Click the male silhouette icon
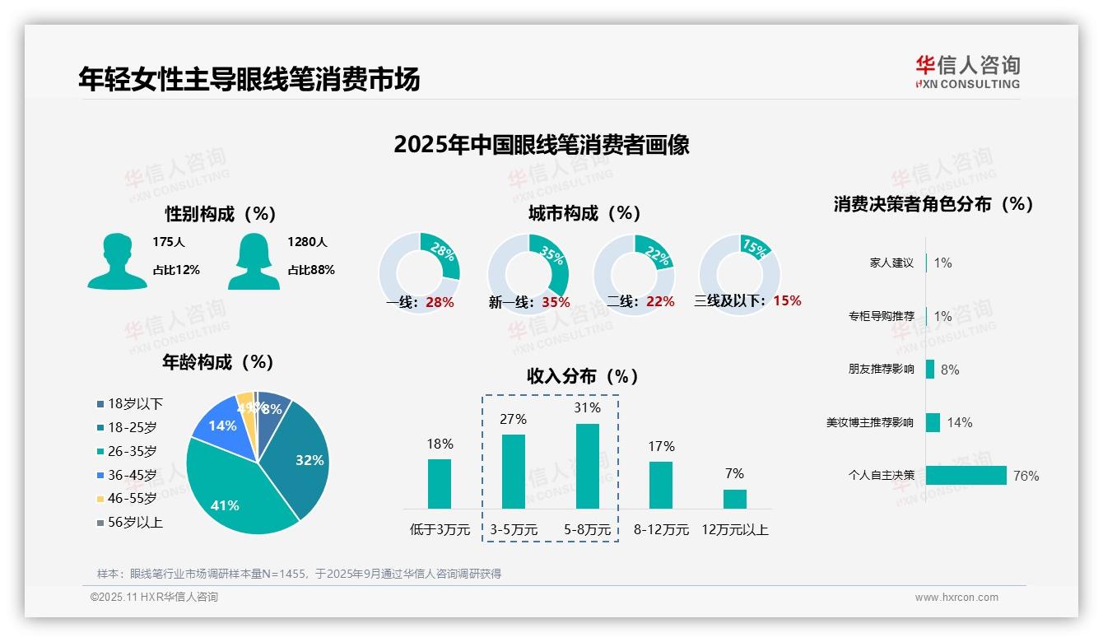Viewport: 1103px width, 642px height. (x=117, y=261)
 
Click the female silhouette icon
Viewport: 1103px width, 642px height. (x=254, y=261)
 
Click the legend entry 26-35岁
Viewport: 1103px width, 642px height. (x=132, y=451)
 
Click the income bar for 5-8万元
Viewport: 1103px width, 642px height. (x=588, y=466)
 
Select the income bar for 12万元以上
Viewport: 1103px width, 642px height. (x=735, y=499)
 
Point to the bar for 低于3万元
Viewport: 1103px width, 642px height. (x=440, y=484)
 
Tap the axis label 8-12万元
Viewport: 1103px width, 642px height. (x=661, y=529)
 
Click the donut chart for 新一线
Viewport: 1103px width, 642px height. (x=528, y=274)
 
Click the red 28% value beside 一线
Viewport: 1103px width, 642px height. (x=440, y=302)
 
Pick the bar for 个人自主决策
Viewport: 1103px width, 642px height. (x=966, y=476)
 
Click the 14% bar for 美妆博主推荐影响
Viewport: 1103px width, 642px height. (x=933, y=422)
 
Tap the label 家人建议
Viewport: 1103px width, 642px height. (x=891, y=263)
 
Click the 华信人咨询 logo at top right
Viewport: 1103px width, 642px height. (x=967, y=72)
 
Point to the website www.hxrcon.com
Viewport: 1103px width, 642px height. (x=956, y=598)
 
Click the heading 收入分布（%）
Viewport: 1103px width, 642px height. (x=583, y=376)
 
